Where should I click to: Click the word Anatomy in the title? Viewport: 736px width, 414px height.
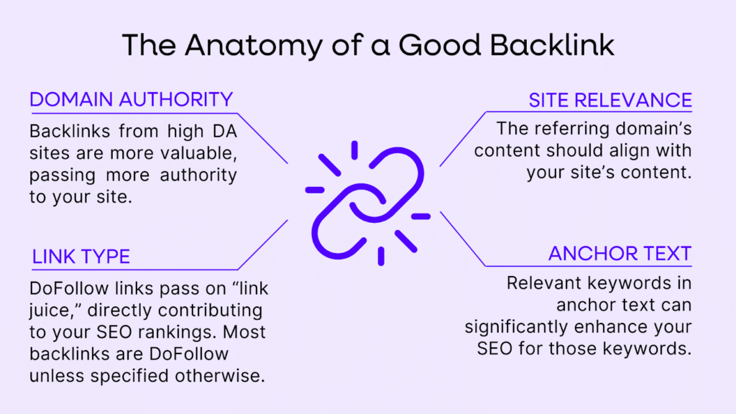coord(245,45)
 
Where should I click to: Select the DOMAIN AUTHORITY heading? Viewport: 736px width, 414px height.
coord(131,99)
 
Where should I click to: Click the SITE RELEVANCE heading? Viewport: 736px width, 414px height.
coord(609,100)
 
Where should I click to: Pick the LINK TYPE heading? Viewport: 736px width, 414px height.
coord(81,256)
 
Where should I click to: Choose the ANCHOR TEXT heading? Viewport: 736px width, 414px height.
coord(620,253)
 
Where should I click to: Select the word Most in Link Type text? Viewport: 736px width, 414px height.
coord(249,333)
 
